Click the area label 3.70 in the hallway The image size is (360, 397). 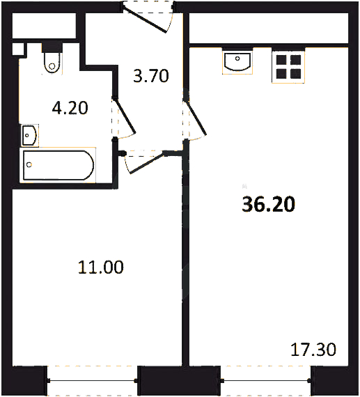click(151, 76)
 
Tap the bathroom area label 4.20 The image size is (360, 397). click(70, 108)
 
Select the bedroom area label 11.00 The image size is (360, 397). click(101, 267)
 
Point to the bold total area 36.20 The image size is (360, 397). click(268, 204)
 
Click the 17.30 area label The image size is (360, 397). click(313, 350)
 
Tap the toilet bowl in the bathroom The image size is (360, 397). click(52, 63)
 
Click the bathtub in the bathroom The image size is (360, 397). click(58, 165)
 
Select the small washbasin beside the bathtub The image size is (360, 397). click(30, 135)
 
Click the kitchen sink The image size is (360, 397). click(237, 61)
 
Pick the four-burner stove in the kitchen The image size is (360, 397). click(288, 66)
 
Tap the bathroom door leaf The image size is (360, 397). click(125, 116)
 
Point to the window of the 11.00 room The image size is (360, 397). click(93, 380)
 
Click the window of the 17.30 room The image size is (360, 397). click(266, 380)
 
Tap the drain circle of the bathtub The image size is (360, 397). click(29, 165)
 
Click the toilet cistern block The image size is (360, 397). click(52, 47)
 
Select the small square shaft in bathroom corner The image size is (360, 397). click(18, 49)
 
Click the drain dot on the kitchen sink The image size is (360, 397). click(237, 59)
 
